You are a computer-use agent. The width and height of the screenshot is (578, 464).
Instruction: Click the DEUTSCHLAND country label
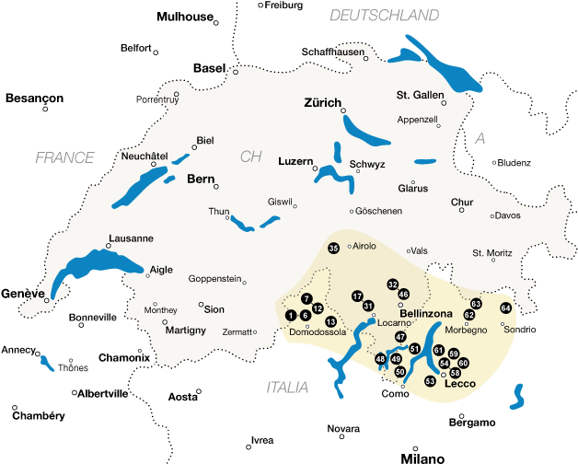(x=384, y=15)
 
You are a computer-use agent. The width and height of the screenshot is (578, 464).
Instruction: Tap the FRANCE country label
(x=64, y=157)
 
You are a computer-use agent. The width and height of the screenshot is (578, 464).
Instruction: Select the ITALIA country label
(x=287, y=388)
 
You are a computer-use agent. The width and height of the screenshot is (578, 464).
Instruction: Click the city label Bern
(x=201, y=179)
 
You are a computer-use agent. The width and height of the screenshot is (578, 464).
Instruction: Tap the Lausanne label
(x=131, y=238)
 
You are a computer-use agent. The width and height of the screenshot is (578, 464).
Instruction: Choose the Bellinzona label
(x=426, y=314)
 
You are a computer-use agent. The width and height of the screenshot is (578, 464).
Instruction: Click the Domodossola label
(x=318, y=331)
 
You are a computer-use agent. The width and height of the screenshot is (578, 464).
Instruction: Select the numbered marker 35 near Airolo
(x=333, y=248)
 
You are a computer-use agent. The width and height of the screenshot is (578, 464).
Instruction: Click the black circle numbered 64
(x=505, y=307)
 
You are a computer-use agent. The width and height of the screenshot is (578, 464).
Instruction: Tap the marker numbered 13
(x=330, y=321)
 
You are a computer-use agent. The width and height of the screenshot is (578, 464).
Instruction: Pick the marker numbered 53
(x=429, y=380)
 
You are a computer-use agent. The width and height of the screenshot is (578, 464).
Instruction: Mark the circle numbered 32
(x=393, y=284)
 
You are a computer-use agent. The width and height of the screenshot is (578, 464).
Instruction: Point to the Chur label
(x=462, y=203)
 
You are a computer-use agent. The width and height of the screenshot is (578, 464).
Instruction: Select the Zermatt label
(x=237, y=331)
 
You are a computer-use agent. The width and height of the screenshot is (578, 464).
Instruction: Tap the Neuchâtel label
(x=144, y=156)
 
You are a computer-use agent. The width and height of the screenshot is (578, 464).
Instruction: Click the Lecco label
(x=459, y=384)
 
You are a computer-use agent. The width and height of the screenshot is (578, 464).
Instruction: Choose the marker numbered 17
(x=357, y=296)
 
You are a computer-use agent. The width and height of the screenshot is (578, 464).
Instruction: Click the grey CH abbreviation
(x=251, y=157)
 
